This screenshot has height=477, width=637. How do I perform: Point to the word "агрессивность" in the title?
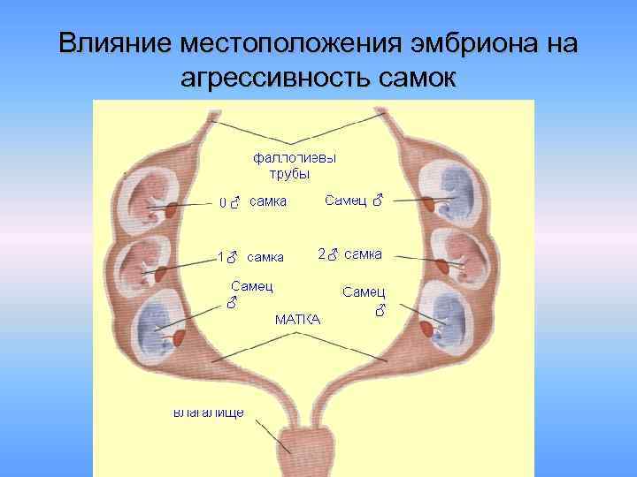point(274,80)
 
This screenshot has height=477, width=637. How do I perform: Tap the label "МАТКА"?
point(298,318)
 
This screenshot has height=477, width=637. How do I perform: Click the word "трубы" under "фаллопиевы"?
point(289,173)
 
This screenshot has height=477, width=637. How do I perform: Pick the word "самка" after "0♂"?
point(267,202)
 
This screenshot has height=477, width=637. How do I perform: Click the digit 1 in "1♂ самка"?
point(219,258)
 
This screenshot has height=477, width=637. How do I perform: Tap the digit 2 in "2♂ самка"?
point(321,255)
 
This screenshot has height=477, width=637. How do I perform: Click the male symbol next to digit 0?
point(234,203)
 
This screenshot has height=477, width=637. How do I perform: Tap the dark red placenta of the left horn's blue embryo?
point(179,337)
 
